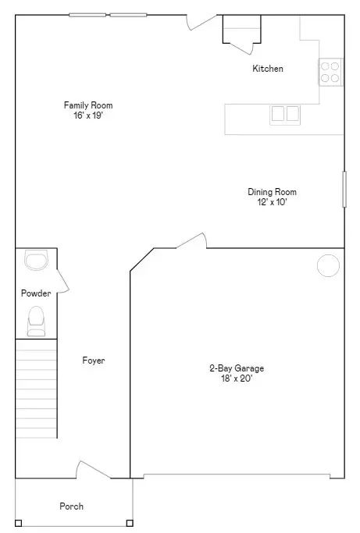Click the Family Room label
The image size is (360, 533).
click(83, 105)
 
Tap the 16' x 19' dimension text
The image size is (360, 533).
click(83, 115)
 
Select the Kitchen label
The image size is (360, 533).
click(267, 69)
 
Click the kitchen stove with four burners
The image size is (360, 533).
click(330, 72)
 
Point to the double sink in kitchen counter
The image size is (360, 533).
click(285, 114)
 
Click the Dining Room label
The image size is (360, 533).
click(272, 192)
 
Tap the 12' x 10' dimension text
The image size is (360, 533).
click(272, 202)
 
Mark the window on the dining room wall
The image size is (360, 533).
click(344, 189)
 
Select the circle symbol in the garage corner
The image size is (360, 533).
click(328, 265)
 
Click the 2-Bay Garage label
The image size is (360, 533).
click(230, 368)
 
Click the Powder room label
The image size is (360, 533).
click(36, 293)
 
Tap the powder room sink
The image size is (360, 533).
click(36, 260)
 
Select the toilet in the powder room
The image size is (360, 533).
click(36, 321)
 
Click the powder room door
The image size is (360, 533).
click(62, 281)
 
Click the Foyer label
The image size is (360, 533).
click(94, 361)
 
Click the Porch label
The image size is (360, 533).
click(71, 506)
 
